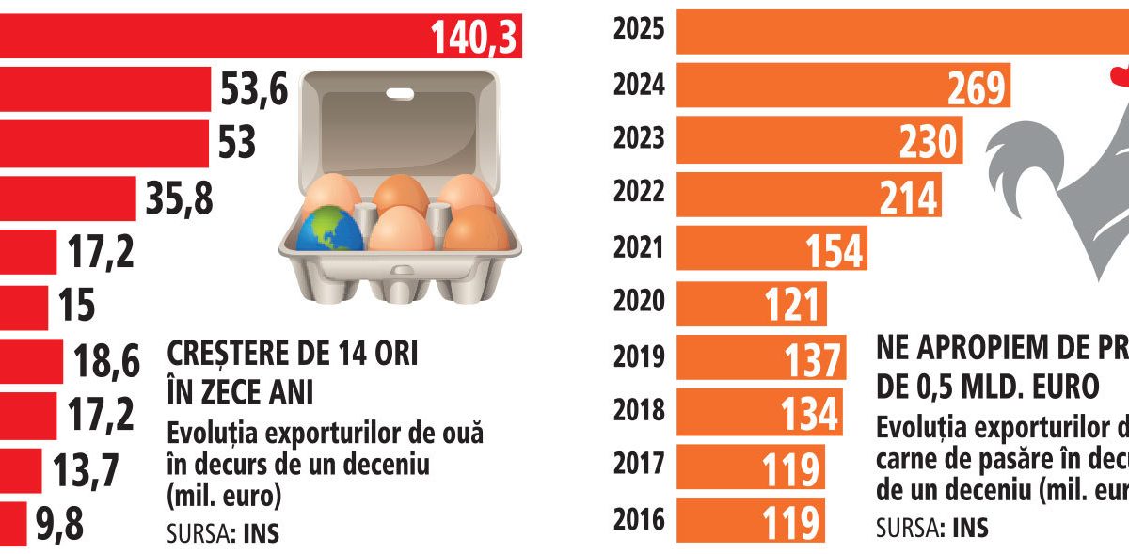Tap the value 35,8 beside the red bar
[x=179, y=198]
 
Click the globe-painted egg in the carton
[x=330, y=229]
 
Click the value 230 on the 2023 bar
[x=927, y=141]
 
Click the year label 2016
[x=639, y=518]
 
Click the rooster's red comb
[x=1119, y=75]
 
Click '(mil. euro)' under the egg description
[x=224, y=496]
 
